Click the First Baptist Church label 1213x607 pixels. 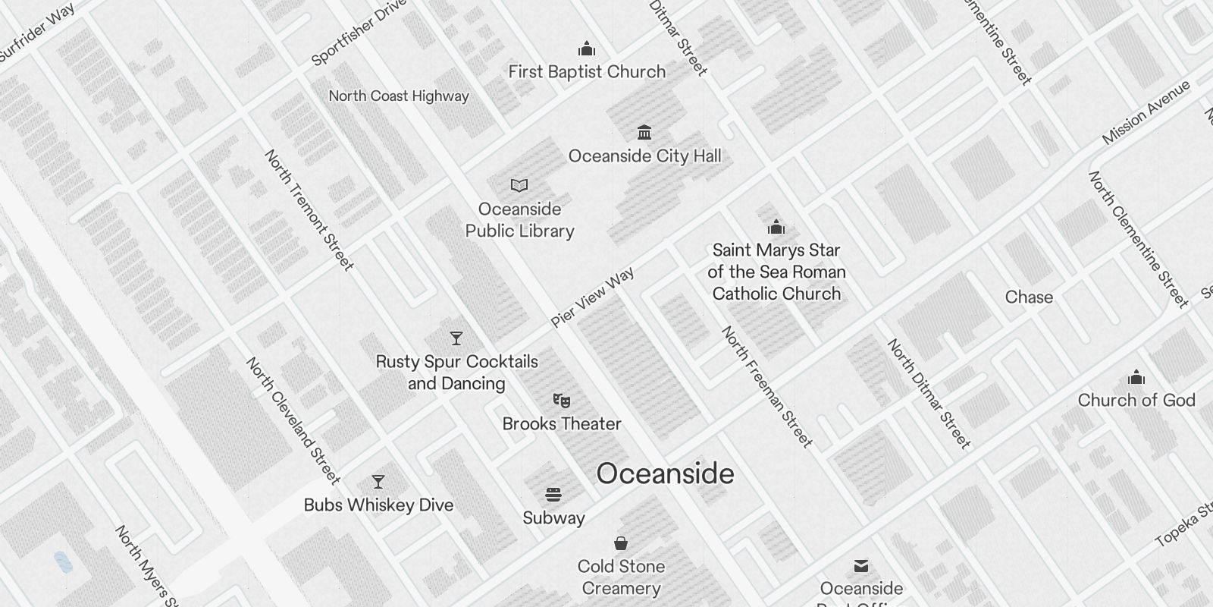pos(587,72)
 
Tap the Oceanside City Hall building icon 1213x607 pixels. pos(644,133)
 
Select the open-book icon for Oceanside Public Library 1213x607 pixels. pos(519,185)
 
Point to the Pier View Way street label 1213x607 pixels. pos(593,297)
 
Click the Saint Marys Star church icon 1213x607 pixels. pos(776,227)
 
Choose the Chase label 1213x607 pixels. pos(1029,297)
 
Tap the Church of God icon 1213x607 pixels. pos(1136,377)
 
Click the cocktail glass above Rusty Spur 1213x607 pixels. pos(456,338)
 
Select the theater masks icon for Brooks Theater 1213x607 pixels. pos(562,400)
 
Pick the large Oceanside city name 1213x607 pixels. pos(665,473)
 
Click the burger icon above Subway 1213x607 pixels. pos(553,495)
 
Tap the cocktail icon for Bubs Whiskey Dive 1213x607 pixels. pos(378,482)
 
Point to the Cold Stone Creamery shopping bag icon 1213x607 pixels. pos(621,543)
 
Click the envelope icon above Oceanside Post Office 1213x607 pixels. pos(861,566)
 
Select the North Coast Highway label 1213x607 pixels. pos(399,96)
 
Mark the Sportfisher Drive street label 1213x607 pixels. pos(359,33)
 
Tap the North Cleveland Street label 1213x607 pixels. pos(293,420)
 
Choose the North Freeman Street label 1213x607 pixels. pos(766,386)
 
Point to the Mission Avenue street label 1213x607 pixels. pos(1146,112)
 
